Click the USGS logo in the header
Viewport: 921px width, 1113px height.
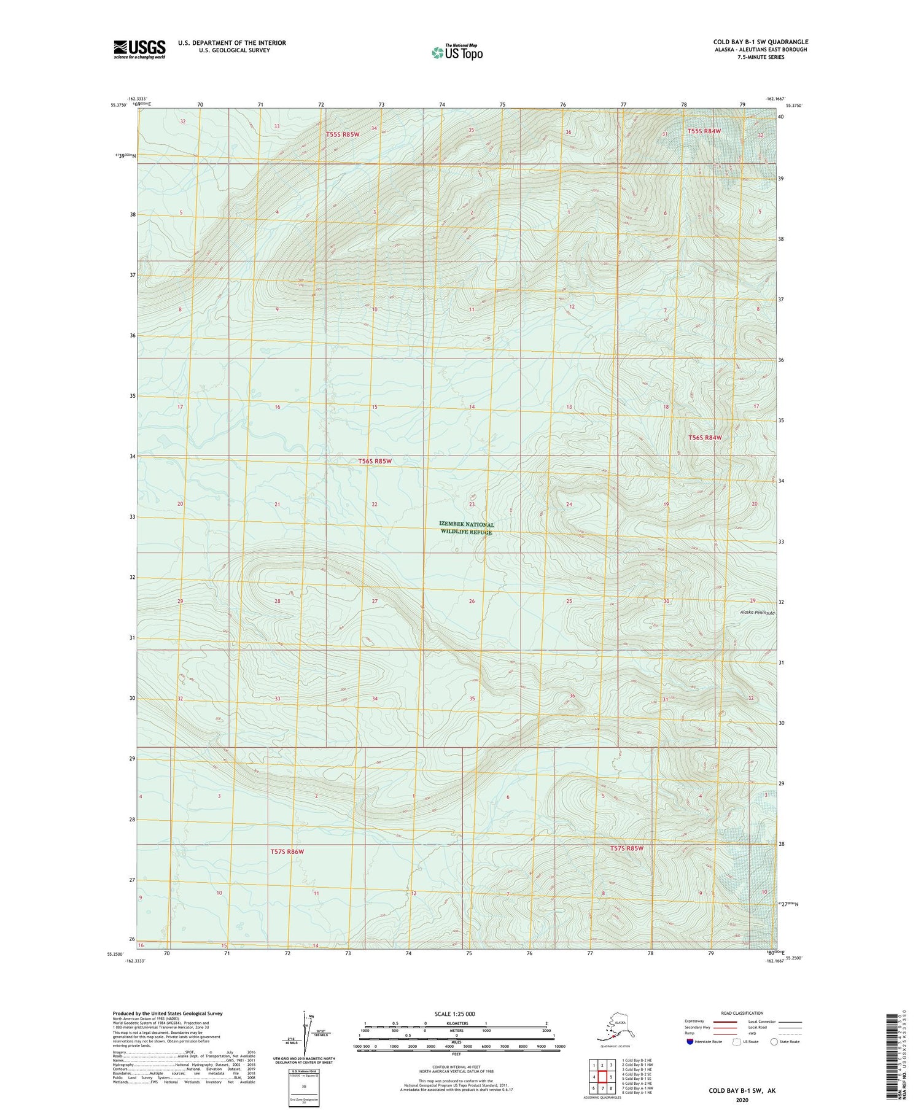coord(139,49)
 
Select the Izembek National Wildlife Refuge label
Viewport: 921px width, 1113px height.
coord(466,528)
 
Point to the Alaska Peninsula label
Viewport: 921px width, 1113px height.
coord(757,613)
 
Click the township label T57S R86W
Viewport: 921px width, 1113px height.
coord(287,851)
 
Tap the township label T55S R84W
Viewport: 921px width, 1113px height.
coord(704,131)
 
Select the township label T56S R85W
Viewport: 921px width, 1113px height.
coord(375,460)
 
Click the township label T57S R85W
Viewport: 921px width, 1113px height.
coord(626,848)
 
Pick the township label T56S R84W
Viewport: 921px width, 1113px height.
coord(704,438)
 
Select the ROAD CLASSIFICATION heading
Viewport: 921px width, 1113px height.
coord(742,1013)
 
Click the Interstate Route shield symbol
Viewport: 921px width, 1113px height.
coord(690,1042)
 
